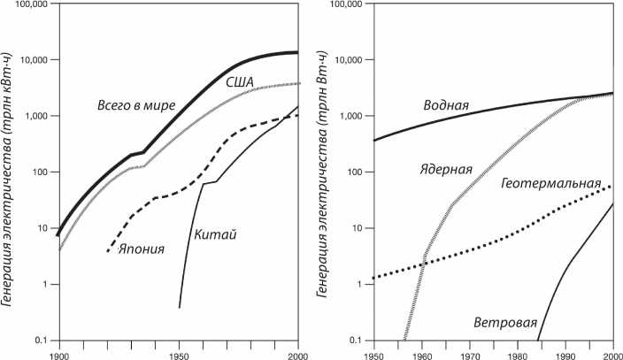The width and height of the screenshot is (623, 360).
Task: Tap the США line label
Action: click(240, 82)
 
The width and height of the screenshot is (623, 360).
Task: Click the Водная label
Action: click(446, 107)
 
